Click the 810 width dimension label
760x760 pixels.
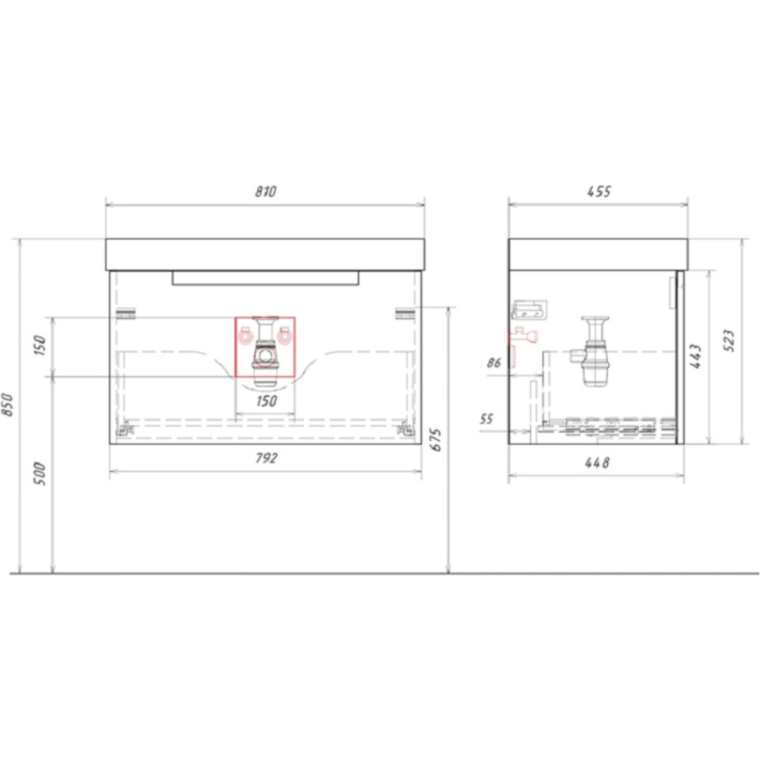point(266,192)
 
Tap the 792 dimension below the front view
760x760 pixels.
point(266,458)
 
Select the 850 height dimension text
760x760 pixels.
point(8,404)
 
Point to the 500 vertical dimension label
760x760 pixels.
point(40,474)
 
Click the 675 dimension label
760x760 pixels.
point(436,439)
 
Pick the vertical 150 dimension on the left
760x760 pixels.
point(40,345)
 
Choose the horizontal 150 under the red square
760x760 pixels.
point(267,401)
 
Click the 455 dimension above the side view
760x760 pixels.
point(599,192)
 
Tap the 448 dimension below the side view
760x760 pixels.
point(597,463)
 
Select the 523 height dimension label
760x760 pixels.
point(730,340)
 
